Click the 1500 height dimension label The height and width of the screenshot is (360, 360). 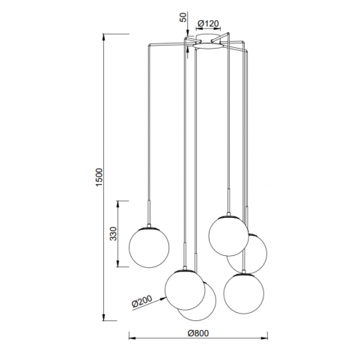[x=100, y=177]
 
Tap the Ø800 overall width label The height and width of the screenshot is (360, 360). [x=198, y=333]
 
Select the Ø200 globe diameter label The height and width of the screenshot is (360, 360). [x=141, y=302]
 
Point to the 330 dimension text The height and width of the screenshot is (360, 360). [x=114, y=234]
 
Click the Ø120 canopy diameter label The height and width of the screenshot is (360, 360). [x=208, y=24]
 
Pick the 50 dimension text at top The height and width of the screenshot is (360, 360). [x=183, y=17]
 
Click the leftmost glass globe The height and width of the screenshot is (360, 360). [x=149, y=248]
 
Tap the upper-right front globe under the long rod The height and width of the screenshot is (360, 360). [x=228, y=236]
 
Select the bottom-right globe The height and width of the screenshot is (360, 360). [x=244, y=294]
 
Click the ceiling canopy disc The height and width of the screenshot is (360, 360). [x=207, y=46]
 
